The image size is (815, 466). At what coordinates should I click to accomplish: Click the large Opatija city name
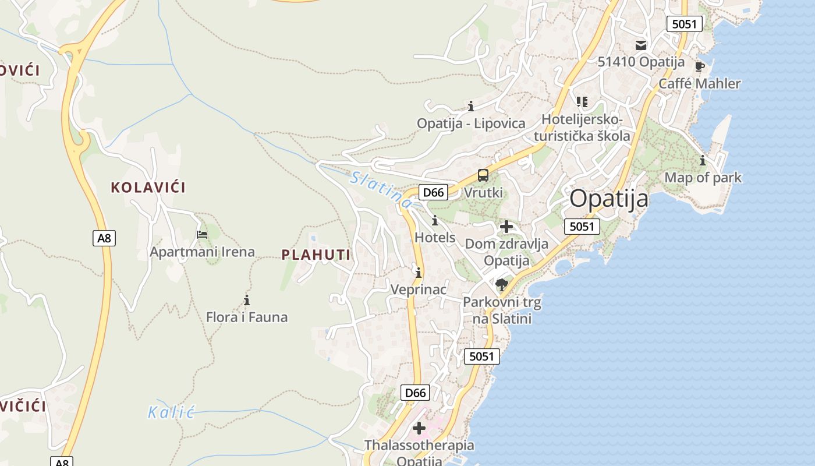coord(608,199)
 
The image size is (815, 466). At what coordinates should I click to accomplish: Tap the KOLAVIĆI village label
coord(148,188)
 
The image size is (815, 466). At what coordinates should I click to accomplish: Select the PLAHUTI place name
coord(316,255)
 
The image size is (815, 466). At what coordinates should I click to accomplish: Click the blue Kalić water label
coord(170,413)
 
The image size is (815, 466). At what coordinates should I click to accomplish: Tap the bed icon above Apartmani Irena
coord(202,235)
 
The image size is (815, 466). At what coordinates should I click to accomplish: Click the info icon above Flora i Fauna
coord(247,301)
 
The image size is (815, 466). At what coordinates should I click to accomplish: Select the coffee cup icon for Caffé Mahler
coord(700,66)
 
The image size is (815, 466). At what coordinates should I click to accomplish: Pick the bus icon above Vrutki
coord(483,175)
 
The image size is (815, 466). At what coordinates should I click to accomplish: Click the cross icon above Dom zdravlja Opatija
coord(506,227)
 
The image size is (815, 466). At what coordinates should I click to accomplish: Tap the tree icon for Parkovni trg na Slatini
coord(502,285)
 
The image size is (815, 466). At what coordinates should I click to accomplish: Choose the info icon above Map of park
coord(703,160)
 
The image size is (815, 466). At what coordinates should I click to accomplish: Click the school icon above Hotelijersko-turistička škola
coord(582,102)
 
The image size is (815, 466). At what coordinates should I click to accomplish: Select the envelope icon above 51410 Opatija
coord(641,45)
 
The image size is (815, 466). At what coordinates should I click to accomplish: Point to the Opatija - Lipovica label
coord(471,123)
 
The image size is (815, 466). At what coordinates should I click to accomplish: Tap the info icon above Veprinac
coord(419,273)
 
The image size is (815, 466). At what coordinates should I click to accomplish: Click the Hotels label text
coord(435,238)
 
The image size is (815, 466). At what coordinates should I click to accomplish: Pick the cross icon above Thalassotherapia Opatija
coord(419,429)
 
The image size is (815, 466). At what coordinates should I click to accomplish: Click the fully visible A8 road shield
coord(104,238)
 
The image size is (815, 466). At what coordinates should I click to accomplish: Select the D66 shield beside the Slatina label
coord(433,192)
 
